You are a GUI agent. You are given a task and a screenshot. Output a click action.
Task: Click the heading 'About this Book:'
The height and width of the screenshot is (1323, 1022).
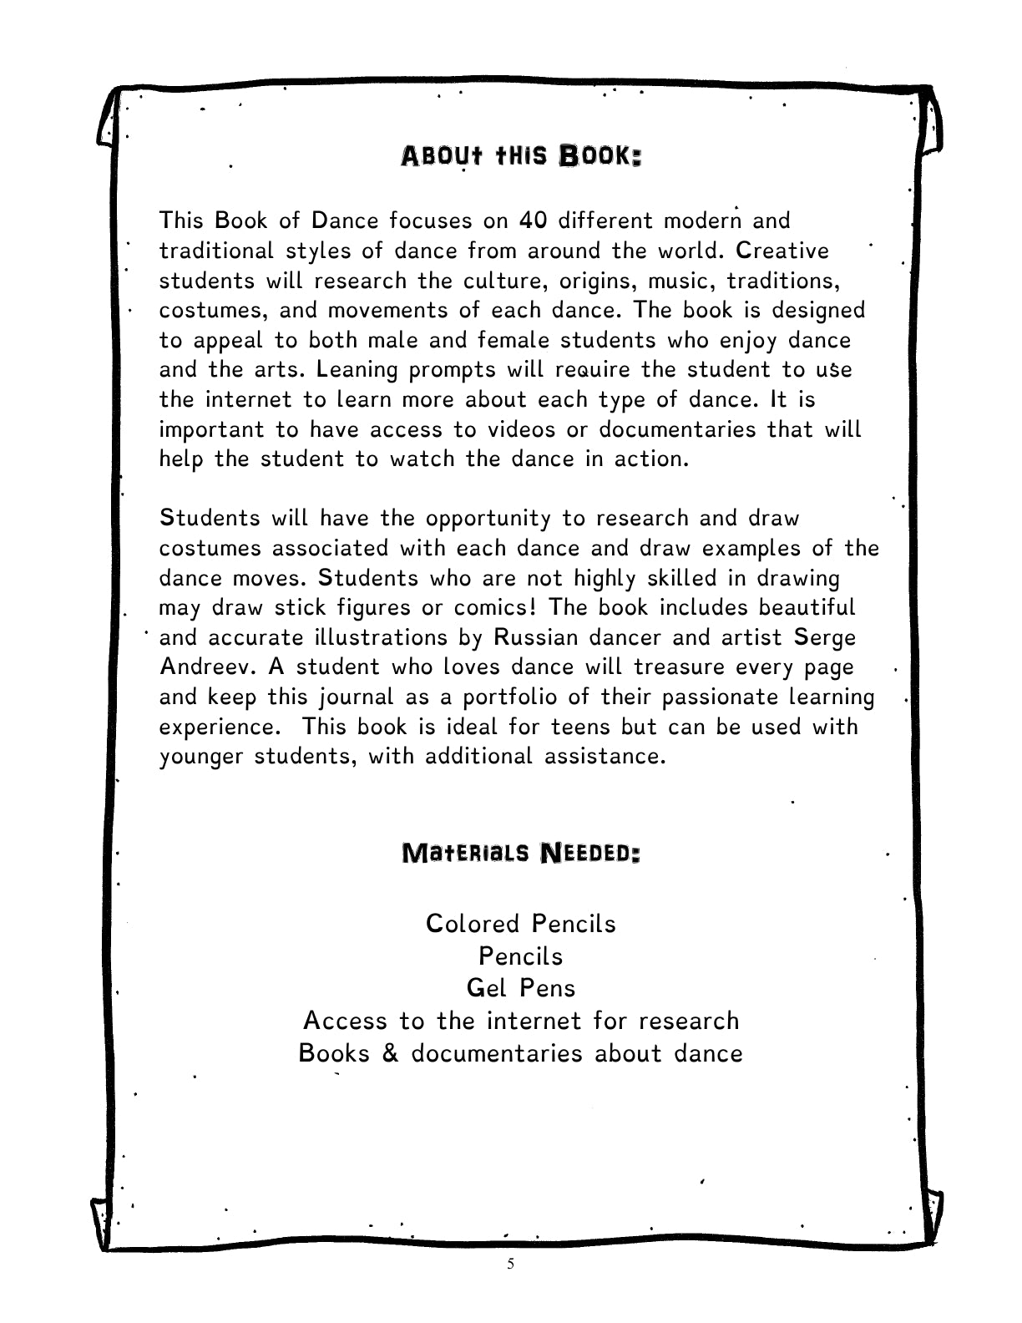click(x=521, y=156)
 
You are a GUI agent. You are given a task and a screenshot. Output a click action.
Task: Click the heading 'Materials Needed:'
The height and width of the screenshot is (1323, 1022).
click(x=521, y=854)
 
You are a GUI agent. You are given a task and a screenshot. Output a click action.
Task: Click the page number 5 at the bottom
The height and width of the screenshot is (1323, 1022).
click(x=511, y=1264)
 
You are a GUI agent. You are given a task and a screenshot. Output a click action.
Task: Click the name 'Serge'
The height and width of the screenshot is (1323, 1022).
click(x=825, y=637)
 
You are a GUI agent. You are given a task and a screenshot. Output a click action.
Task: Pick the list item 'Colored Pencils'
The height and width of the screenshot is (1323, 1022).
click(x=520, y=924)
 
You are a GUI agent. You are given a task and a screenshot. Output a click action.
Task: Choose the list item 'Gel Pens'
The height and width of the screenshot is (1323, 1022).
click(x=521, y=988)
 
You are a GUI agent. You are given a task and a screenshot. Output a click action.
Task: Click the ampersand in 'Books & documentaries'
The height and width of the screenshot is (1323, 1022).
click(x=390, y=1053)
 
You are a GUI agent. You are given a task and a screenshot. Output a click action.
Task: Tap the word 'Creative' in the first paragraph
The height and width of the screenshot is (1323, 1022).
click(x=783, y=251)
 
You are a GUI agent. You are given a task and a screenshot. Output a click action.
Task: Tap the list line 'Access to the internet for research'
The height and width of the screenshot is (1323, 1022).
click(x=521, y=1021)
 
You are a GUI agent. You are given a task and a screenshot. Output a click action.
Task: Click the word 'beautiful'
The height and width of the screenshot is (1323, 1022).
click(x=807, y=607)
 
